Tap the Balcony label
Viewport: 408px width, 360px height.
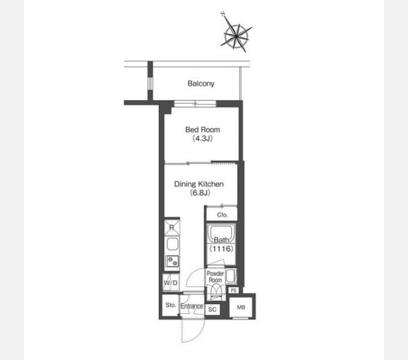(x=201, y=83)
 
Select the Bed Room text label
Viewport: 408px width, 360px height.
(x=202, y=130)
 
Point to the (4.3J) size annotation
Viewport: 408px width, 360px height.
(x=202, y=138)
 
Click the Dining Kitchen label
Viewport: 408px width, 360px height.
(x=199, y=184)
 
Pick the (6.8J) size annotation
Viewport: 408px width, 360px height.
(x=200, y=193)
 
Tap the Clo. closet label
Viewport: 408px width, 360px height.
(x=222, y=215)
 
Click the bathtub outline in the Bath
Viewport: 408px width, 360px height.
(x=221, y=233)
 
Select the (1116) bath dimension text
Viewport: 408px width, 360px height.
(x=221, y=248)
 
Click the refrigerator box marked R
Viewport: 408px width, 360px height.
(x=172, y=227)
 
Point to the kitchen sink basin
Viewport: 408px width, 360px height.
(x=172, y=244)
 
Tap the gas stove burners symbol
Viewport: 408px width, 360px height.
(x=172, y=262)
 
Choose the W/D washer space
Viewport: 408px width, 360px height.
(x=170, y=282)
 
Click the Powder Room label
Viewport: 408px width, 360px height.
(x=215, y=277)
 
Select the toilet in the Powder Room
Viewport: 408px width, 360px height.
(x=216, y=292)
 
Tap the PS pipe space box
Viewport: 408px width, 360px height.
(x=233, y=290)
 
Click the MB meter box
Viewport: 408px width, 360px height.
(x=241, y=307)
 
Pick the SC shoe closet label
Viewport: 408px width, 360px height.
(x=212, y=310)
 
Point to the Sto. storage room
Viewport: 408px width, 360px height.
(x=170, y=305)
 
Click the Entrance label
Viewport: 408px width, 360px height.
(x=192, y=306)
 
